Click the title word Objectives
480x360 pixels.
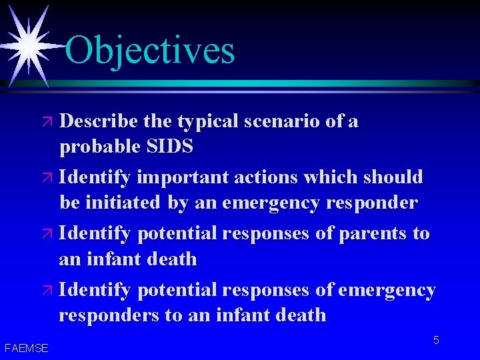(150, 50)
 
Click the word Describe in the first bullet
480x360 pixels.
(97, 121)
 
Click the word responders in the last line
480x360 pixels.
(107, 315)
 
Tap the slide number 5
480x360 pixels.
(436, 341)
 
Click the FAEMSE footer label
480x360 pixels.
(26, 347)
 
